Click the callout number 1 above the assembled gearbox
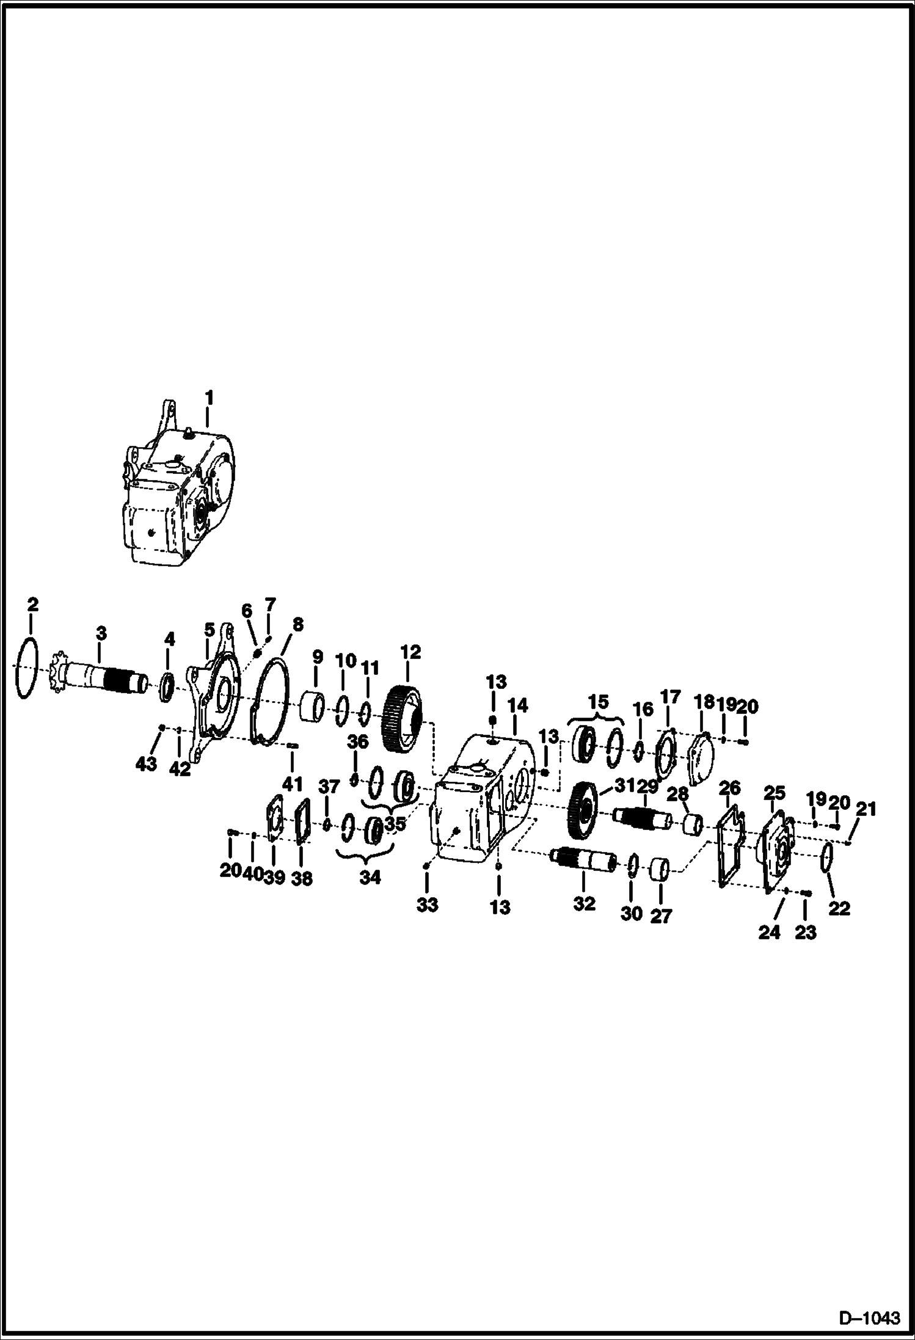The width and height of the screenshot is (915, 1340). (209, 398)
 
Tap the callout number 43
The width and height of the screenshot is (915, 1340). (146, 763)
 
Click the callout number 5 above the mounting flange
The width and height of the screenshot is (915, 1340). (210, 628)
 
